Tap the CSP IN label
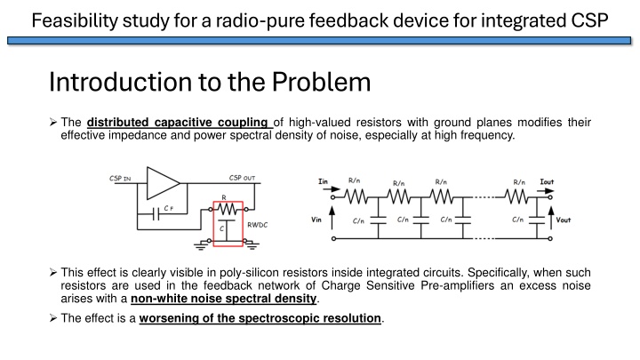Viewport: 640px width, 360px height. [121, 179]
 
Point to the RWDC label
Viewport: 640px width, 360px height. [257, 226]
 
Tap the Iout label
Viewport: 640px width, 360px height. [547, 181]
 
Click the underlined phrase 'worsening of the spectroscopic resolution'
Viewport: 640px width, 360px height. [260, 318]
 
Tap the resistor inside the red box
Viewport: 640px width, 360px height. [228, 210]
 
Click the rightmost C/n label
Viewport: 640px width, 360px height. [518, 218]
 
